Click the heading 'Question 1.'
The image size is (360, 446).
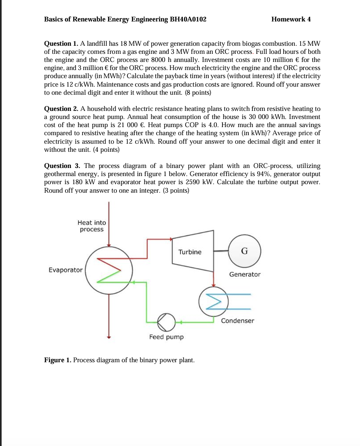click(61, 44)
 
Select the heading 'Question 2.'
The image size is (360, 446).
click(61, 108)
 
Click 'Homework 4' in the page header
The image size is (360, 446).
click(291, 19)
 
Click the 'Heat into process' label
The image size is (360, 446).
click(91, 226)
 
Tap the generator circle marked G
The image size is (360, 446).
click(244, 251)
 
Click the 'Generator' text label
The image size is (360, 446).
click(245, 274)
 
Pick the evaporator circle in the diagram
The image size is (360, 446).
click(108, 270)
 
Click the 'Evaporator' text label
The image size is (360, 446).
click(66, 270)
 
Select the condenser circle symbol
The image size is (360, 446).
click(214, 301)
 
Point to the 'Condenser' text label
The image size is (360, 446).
click(237, 321)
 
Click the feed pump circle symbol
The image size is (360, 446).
click(165, 322)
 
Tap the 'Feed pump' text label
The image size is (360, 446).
click(166, 337)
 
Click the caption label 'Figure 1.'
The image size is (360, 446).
click(58, 360)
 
